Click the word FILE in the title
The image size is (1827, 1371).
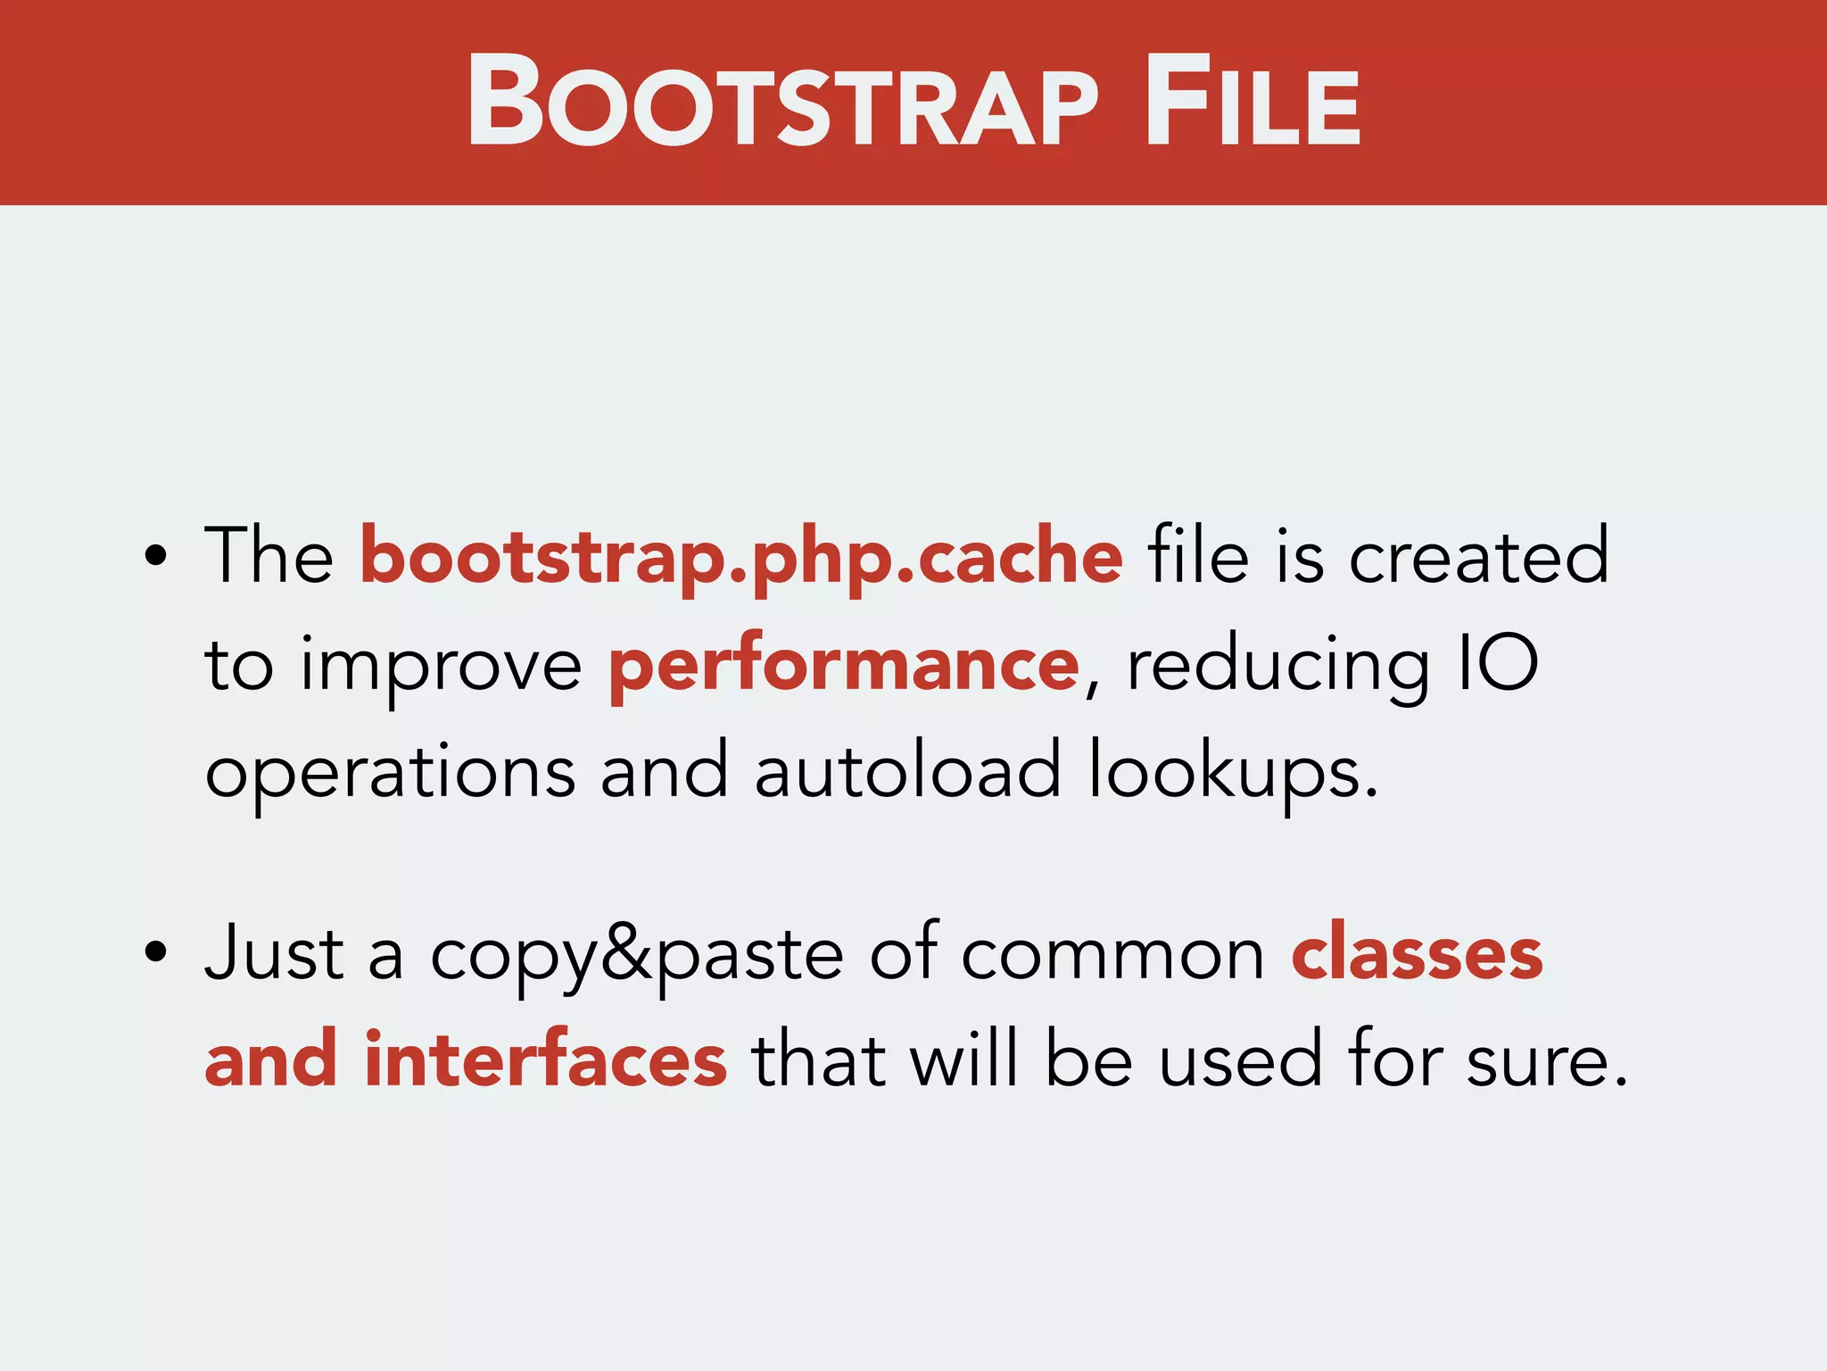tap(1252, 101)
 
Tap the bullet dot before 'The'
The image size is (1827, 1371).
tap(155, 555)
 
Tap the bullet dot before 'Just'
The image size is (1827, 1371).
tap(155, 951)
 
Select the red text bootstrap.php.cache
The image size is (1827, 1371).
tap(740, 557)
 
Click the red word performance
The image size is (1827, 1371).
tap(843, 666)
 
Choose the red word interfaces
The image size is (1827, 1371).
tap(545, 1060)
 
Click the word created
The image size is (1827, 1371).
tap(1478, 557)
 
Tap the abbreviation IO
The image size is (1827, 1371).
tap(1498, 664)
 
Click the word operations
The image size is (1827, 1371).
tap(390, 773)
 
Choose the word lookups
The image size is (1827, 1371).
tap(1231, 773)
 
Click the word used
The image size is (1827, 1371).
tap(1241, 1060)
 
